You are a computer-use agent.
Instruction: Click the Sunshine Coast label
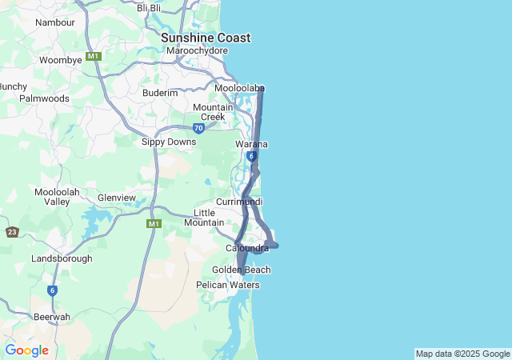click(x=206, y=38)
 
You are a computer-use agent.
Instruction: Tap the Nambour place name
click(x=55, y=22)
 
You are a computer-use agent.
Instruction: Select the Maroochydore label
click(x=198, y=51)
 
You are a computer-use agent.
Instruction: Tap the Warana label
click(x=251, y=144)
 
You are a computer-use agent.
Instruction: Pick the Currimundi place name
click(x=239, y=202)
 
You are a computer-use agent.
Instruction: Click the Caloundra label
click(x=247, y=249)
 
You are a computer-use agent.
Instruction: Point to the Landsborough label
click(x=62, y=258)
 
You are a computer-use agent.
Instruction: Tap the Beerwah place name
click(x=52, y=317)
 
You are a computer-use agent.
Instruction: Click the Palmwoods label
click(x=44, y=98)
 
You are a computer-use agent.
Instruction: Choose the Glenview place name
click(x=117, y=198)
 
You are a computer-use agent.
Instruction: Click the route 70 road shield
click(x=198, y=127)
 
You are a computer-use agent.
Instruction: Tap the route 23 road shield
click(x=12, y=232)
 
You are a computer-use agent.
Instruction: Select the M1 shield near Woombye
click(x=94, y=56)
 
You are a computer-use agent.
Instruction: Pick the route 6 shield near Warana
click(x=251, y=156)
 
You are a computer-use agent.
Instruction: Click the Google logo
click(x=26, y=350)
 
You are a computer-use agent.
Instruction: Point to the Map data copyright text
click(x=462, y=354)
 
